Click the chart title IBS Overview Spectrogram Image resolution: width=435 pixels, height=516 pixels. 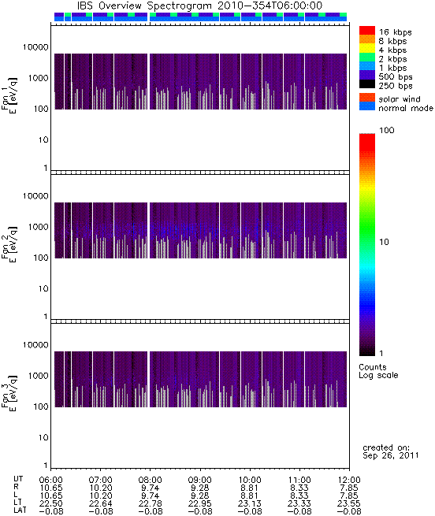pos(144,6)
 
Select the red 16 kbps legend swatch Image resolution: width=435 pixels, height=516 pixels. pos(367,30)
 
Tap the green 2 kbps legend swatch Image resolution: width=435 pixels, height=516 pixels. pos(367,58)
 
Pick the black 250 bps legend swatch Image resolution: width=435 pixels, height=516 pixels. pos(367,84)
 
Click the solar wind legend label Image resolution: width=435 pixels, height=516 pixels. pos(399,99)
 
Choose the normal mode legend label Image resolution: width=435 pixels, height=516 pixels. pos(406,108)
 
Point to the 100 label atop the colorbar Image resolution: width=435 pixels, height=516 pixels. pos(386,130)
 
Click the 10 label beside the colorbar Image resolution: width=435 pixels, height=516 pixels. pos(384,242)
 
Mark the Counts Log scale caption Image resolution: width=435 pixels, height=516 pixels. pos(378,371)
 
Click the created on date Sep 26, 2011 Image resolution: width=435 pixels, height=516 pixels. pos(391,455)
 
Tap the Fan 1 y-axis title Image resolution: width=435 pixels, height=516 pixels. pos(9,95)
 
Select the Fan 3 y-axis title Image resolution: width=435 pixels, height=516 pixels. pos(9,393)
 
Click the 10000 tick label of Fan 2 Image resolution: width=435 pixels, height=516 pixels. pos(35,196)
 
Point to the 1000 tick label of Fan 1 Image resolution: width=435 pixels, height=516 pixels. pos(38,78)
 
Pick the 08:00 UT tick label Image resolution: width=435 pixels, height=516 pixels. pos(151,480)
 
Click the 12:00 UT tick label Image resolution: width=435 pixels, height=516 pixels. pos(349,480)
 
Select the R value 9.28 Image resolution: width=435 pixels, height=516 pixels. pos(200,488)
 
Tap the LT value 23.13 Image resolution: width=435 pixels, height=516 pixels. pos(249,503)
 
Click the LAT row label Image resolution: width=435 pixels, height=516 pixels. pos(20,510)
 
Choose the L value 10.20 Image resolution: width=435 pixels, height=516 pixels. pos(101,496)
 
